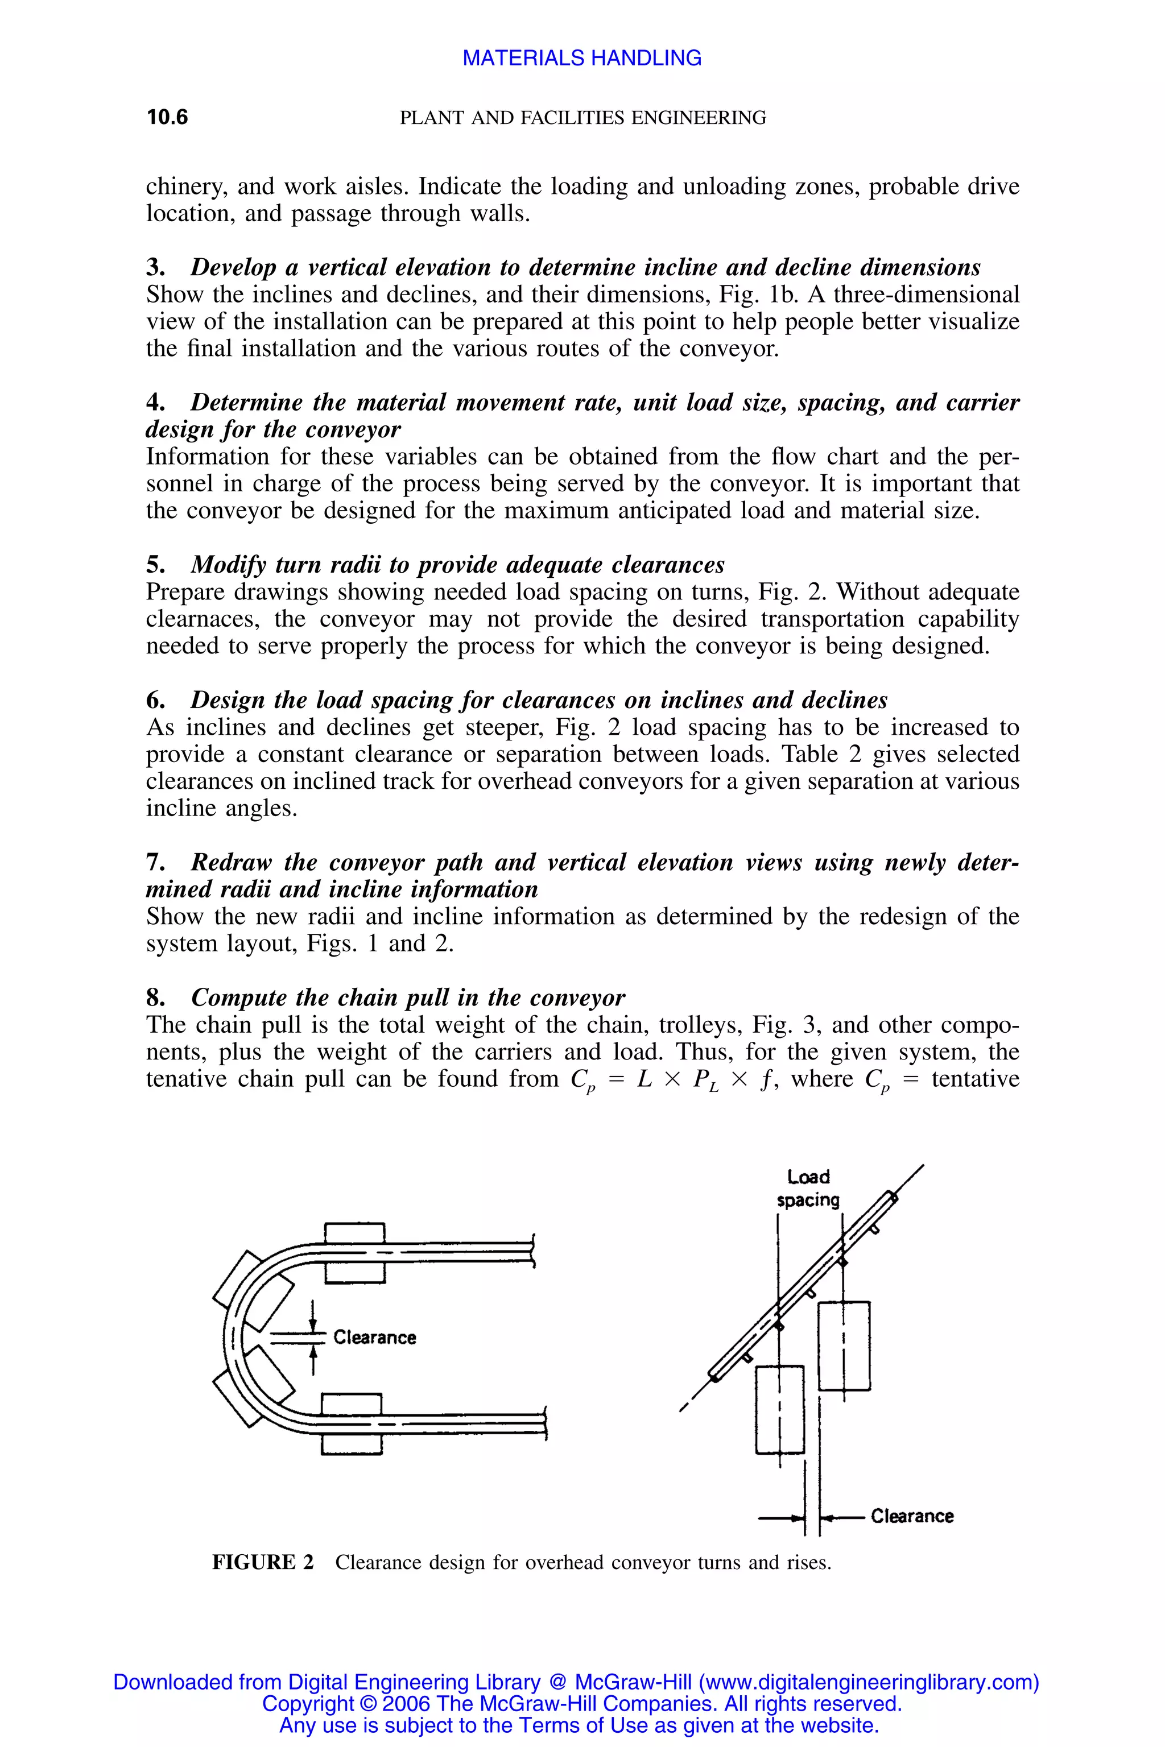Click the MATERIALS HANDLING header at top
(582, 58)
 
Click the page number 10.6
(167, 117)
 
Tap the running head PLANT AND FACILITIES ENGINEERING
(582, 117)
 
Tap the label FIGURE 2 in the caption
(263, 1562)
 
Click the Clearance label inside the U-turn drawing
(374, 1337)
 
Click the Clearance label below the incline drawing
(912, 1516)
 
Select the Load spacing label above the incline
(808, 1189)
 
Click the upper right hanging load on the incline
(844, 1345)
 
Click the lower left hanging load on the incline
(779, 1409)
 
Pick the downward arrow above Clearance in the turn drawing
(313, 1315)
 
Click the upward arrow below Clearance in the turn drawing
(313, 1361)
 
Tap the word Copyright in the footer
(308, 1703)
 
